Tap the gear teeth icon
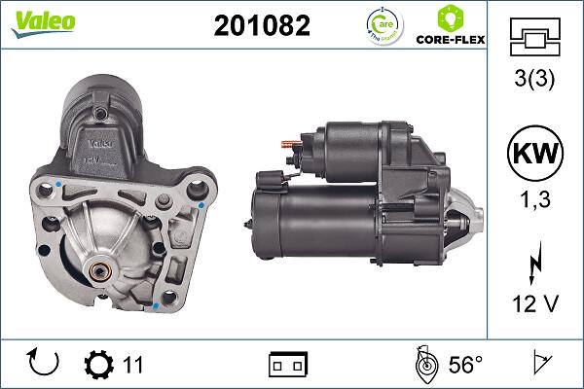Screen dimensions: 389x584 (99, 365)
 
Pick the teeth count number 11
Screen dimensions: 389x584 (133, 365)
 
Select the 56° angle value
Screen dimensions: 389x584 (464, 365)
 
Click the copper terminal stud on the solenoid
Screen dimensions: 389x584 (288, 147)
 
